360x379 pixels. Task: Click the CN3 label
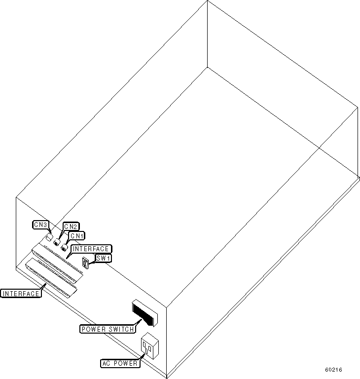[40, 225]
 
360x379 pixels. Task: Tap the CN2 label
[71, 227]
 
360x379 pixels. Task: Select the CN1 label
[76, 236]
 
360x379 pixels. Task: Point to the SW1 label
[104, 258]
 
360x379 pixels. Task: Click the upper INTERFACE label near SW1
[91, 249]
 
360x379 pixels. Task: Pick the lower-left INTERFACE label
[21, 294]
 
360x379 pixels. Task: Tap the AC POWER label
[119, 364]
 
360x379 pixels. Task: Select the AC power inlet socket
[149, 346]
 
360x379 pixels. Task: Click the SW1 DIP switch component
[85, 263]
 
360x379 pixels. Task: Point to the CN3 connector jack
[49, 237]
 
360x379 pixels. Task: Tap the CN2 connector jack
[57, 242]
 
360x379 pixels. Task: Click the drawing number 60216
[333, 370]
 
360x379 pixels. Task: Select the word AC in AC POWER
[106, 364]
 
